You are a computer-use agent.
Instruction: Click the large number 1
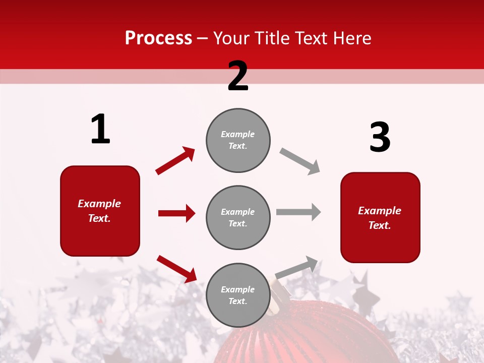100,129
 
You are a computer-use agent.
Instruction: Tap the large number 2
238,76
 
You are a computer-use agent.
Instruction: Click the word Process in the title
158,38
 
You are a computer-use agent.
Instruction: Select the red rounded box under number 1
100,211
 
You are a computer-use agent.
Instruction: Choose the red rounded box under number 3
380,217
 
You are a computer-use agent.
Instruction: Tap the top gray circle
238,140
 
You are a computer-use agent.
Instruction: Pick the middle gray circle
238,217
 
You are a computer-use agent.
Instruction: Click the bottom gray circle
238,295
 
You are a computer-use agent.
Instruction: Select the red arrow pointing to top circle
175,160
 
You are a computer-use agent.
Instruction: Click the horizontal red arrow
176,213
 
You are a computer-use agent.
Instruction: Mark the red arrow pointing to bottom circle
176,268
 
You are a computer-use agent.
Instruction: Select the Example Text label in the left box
99,211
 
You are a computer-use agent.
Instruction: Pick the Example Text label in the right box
380,218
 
